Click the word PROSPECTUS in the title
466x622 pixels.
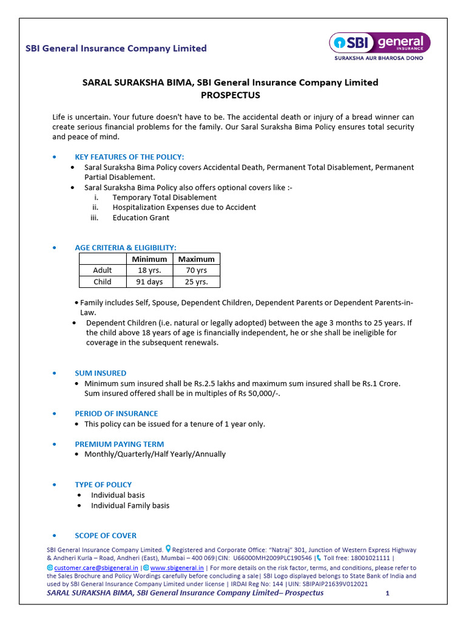coord(230,95)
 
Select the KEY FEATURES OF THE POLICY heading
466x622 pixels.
coord(129,157)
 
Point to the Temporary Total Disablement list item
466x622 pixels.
coord(164,197)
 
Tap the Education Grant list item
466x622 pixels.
coord(141,217)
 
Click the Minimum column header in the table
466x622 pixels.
coord(149,259)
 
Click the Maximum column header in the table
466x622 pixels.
coord(197,259)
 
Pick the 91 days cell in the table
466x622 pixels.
coord(149,282)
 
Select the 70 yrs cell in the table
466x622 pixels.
coord(197,270)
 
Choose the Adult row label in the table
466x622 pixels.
coord(103,270)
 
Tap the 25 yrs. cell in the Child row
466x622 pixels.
coord(197,282)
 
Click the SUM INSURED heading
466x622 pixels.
coord(101,373)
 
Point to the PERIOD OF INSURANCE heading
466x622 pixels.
coord(116,414)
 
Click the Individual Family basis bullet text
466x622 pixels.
coord(130,505)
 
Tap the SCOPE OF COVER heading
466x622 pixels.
coord(106,536)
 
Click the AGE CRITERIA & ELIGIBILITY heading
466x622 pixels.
coord(126,248)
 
